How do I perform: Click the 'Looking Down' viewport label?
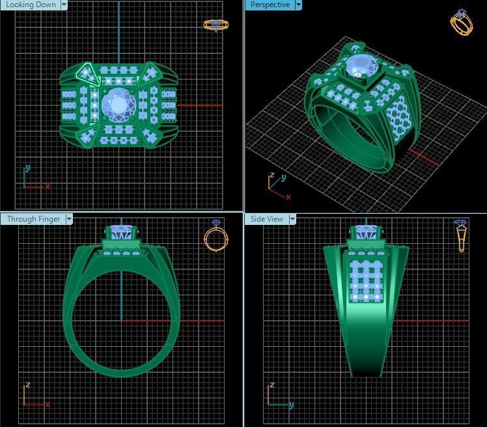tap(30, 5)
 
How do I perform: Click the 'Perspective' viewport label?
tap(270, 5)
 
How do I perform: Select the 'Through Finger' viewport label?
tap(33, 219)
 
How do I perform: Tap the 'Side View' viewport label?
tap(267, 219)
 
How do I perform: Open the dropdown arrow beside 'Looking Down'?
tap(64, 5)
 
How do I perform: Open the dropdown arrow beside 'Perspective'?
tap(298, 5)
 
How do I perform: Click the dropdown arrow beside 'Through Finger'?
tap(68, 219)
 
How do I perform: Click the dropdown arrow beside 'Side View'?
tap(292, 219)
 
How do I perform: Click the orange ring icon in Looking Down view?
tap(216, 25)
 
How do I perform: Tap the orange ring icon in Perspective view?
tap(461, 23)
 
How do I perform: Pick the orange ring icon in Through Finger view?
tap(216, 236)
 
